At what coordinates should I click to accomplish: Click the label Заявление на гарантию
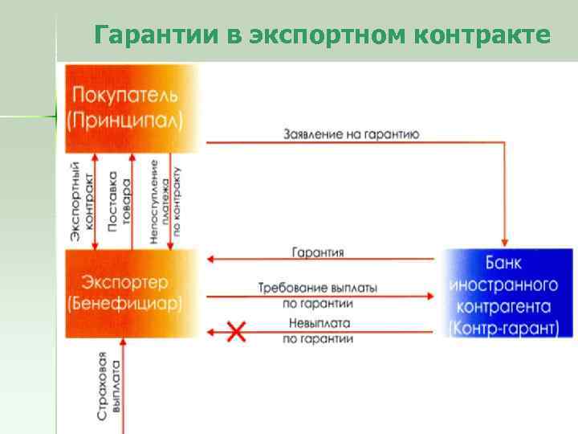[x=351, y=133]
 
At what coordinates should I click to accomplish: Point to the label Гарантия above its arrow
[x=318, y=252]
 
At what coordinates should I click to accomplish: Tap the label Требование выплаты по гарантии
[x=318, y=295]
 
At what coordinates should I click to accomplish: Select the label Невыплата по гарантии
[x=318, y=331]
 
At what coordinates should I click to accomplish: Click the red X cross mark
[x=236, y=331]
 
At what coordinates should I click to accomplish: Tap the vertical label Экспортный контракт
[x=81, y=201]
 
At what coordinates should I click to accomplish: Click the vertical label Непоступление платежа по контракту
[x=165, y=201]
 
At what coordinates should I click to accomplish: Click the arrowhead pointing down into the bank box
[x=504, y=240]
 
